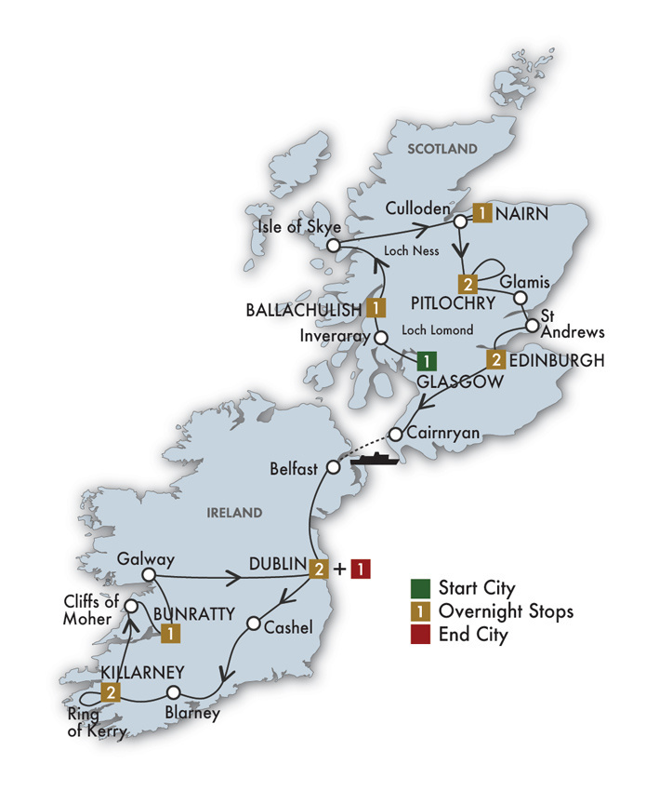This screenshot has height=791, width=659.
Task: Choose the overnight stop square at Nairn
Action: [x=482, y=214]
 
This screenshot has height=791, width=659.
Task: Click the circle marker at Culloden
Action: [x=459, y=222]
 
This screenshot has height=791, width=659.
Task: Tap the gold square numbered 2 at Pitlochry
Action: [x=468, y=283]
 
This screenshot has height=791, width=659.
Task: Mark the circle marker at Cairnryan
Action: [x=395, y=435]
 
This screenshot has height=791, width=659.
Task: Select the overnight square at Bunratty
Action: [x=170, y=633]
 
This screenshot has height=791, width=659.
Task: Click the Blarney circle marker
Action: [x=173, y=692]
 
